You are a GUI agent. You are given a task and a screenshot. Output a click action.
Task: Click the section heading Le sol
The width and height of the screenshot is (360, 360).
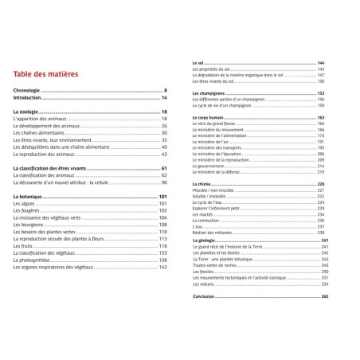point(199,61)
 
